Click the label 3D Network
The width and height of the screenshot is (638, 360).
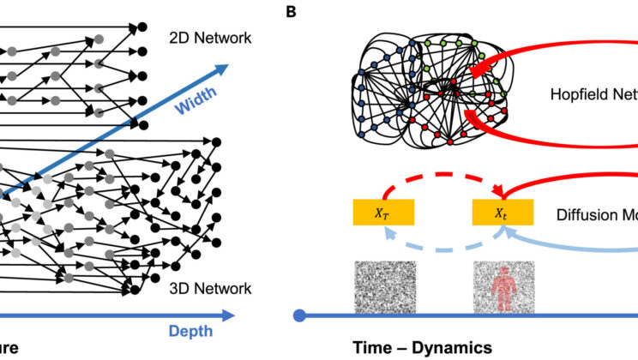(x=209, y=289)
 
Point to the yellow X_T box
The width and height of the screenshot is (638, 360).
(x=384, y=211)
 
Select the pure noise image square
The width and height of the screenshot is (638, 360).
(x=384, y=289)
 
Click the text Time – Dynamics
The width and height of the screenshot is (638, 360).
(x=423, y=347)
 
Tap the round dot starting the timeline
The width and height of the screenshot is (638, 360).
(x=299, y=315)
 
